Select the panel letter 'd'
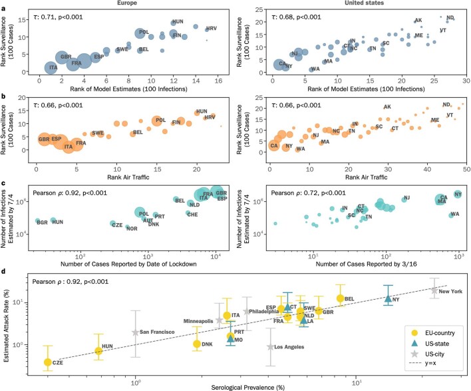pos(4,271)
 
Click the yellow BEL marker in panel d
pos(341,298)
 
